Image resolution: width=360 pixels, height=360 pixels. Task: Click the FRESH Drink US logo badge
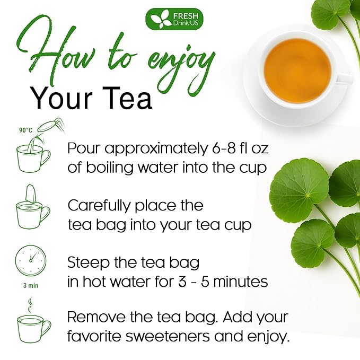pyautogui.click(x=174, y=19)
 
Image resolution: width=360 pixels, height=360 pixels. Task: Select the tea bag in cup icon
pyautogui.click(x=33, y=208)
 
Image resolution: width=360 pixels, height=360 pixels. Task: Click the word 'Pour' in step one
pyautogui.click(x=83, y=148)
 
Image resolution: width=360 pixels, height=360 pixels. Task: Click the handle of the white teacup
pyautogui.click(x=344, y=78)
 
